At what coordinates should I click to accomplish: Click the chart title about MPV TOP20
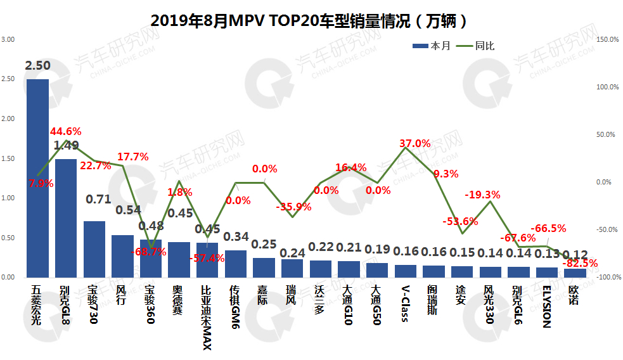[x=310, y=21]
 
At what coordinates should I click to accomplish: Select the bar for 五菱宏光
[x=37, y=178]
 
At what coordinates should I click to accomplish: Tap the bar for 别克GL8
[x=66, y=218]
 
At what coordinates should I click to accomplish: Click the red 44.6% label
[x=67, y=132]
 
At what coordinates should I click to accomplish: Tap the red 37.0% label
[x=415, y=144]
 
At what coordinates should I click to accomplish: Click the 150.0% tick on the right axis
[x=608, y=39]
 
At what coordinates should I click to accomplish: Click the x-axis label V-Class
[x=405, y=304]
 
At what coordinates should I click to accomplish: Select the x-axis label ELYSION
[x=546, y=307]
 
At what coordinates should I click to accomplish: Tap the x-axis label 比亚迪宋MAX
[x=206, y=317]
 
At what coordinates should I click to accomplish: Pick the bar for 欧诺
[x=575, y=273]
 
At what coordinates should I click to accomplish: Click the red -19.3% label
[x=483, y=195]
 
